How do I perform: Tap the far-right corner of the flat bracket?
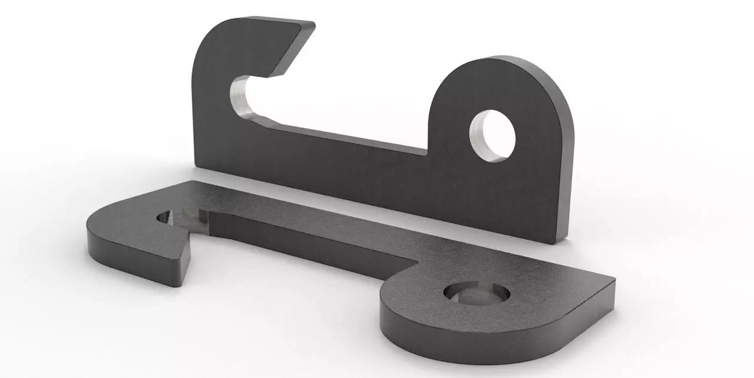[613, 281]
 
